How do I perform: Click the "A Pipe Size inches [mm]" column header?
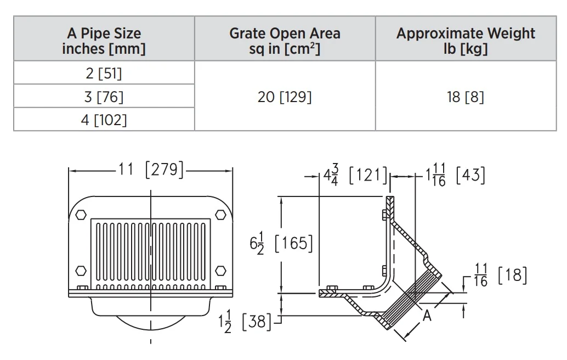(x=104, y=41)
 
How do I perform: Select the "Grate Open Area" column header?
(x=285, y=33)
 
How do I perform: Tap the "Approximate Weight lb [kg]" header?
(x=466, y=41)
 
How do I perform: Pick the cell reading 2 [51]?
(x=104, y=74)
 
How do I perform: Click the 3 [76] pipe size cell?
(x=104, y=97)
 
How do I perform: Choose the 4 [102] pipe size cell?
(x=104, y=120)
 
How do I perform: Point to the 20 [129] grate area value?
(x=285, y=97)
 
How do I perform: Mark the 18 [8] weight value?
(x=466, y=97)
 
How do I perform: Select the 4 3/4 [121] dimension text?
(x=355, y=175)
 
